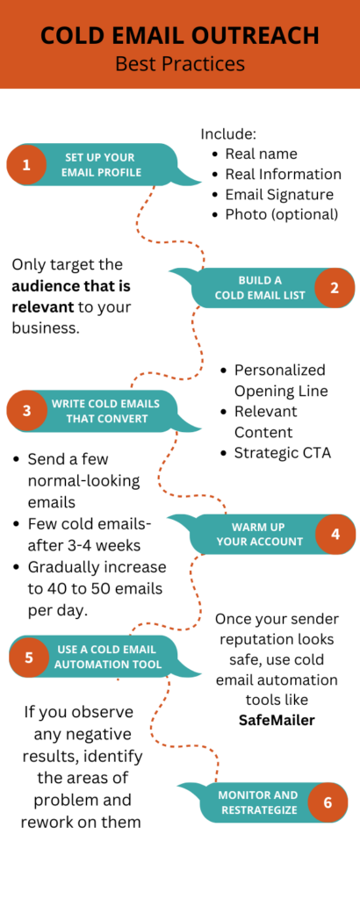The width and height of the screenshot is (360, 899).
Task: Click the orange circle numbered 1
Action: pos(26,164)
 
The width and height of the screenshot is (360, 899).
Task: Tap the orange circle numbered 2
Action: pos(335,288)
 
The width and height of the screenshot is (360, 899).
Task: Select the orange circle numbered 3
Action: pos(26,411)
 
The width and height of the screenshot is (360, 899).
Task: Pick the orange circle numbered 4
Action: pos(335,534)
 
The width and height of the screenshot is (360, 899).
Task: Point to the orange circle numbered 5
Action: pos(29,657)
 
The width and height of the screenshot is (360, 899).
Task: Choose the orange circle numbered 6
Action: pos(328,802)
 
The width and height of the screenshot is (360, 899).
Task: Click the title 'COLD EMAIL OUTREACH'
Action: pos(180,35)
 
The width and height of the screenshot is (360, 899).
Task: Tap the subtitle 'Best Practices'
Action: pos(180,63)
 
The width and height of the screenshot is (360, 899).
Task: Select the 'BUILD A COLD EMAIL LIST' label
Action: pos(260,288)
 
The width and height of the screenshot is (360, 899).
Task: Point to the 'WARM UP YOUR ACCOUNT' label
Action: pos(258,534)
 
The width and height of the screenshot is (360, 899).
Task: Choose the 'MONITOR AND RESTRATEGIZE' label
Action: pos(258,802)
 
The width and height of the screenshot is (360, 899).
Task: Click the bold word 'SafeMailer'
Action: pos(277,720)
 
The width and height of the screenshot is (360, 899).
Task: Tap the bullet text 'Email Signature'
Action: pos(279,195)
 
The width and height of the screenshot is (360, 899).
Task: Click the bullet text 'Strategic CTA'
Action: pos(283,453)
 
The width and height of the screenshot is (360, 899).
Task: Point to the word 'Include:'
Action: pos(228,134)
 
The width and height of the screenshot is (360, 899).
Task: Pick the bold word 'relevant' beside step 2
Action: pos(43,306)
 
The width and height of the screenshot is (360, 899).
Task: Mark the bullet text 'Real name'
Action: pos(262,154)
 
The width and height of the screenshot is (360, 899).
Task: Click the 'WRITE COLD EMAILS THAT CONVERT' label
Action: pos(106,411)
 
